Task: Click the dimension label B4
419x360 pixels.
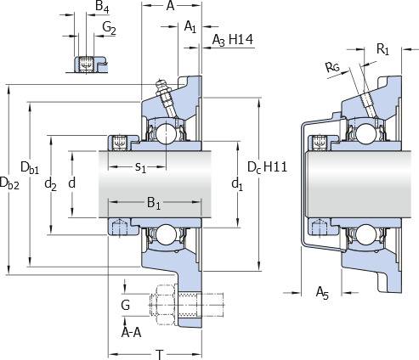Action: coord(102,7)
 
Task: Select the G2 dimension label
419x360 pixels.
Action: coord(109,28)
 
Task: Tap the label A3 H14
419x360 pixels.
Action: coord(233,40)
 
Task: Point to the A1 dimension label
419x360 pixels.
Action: coord(190,27)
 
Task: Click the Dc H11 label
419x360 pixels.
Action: coord(268,167)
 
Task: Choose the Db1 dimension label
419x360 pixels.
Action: coord(30,167)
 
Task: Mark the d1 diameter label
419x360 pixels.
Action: coord(237,184)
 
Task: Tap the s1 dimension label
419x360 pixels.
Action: coord(140,167)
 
